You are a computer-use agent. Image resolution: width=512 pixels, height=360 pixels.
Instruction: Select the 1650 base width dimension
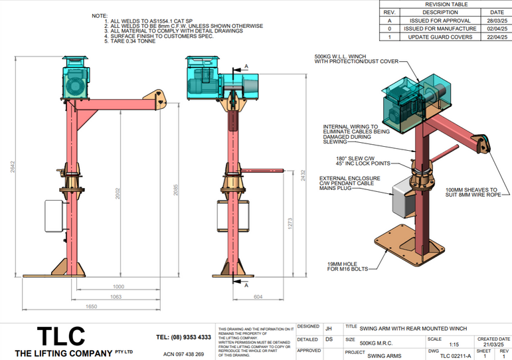click(92, 306)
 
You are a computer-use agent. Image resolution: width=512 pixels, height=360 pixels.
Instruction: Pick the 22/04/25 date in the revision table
click(496, 37)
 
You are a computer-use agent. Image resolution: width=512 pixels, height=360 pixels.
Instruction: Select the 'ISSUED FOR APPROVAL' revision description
click(440, 21)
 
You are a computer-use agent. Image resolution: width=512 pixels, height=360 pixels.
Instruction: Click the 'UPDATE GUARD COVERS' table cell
click(440, 37)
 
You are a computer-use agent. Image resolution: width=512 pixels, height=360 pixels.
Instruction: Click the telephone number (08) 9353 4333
click(183, 337)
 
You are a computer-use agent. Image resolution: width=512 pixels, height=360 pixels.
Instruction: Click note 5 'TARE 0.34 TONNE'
click(134, 41)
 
